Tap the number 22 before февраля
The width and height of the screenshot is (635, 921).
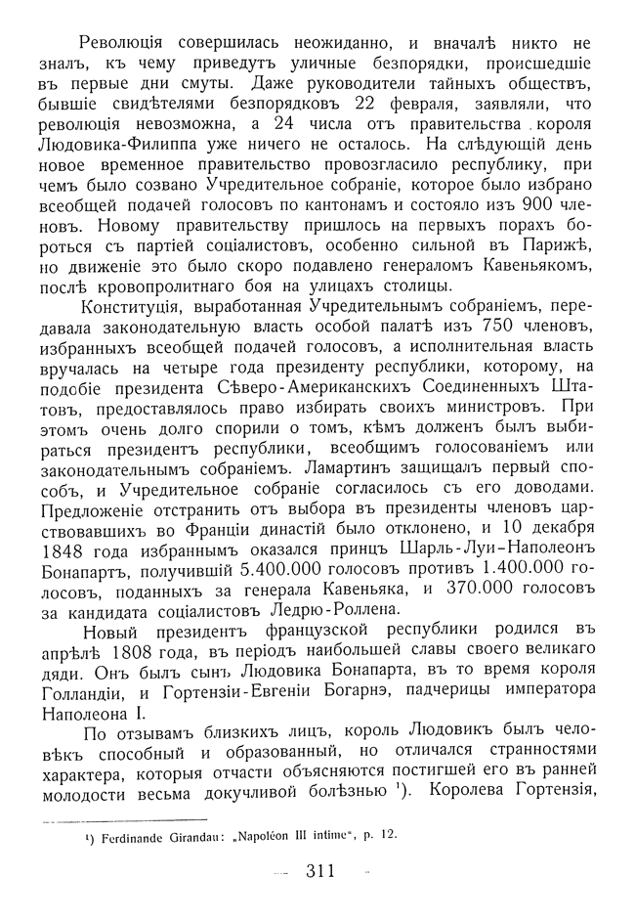point(370,105)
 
